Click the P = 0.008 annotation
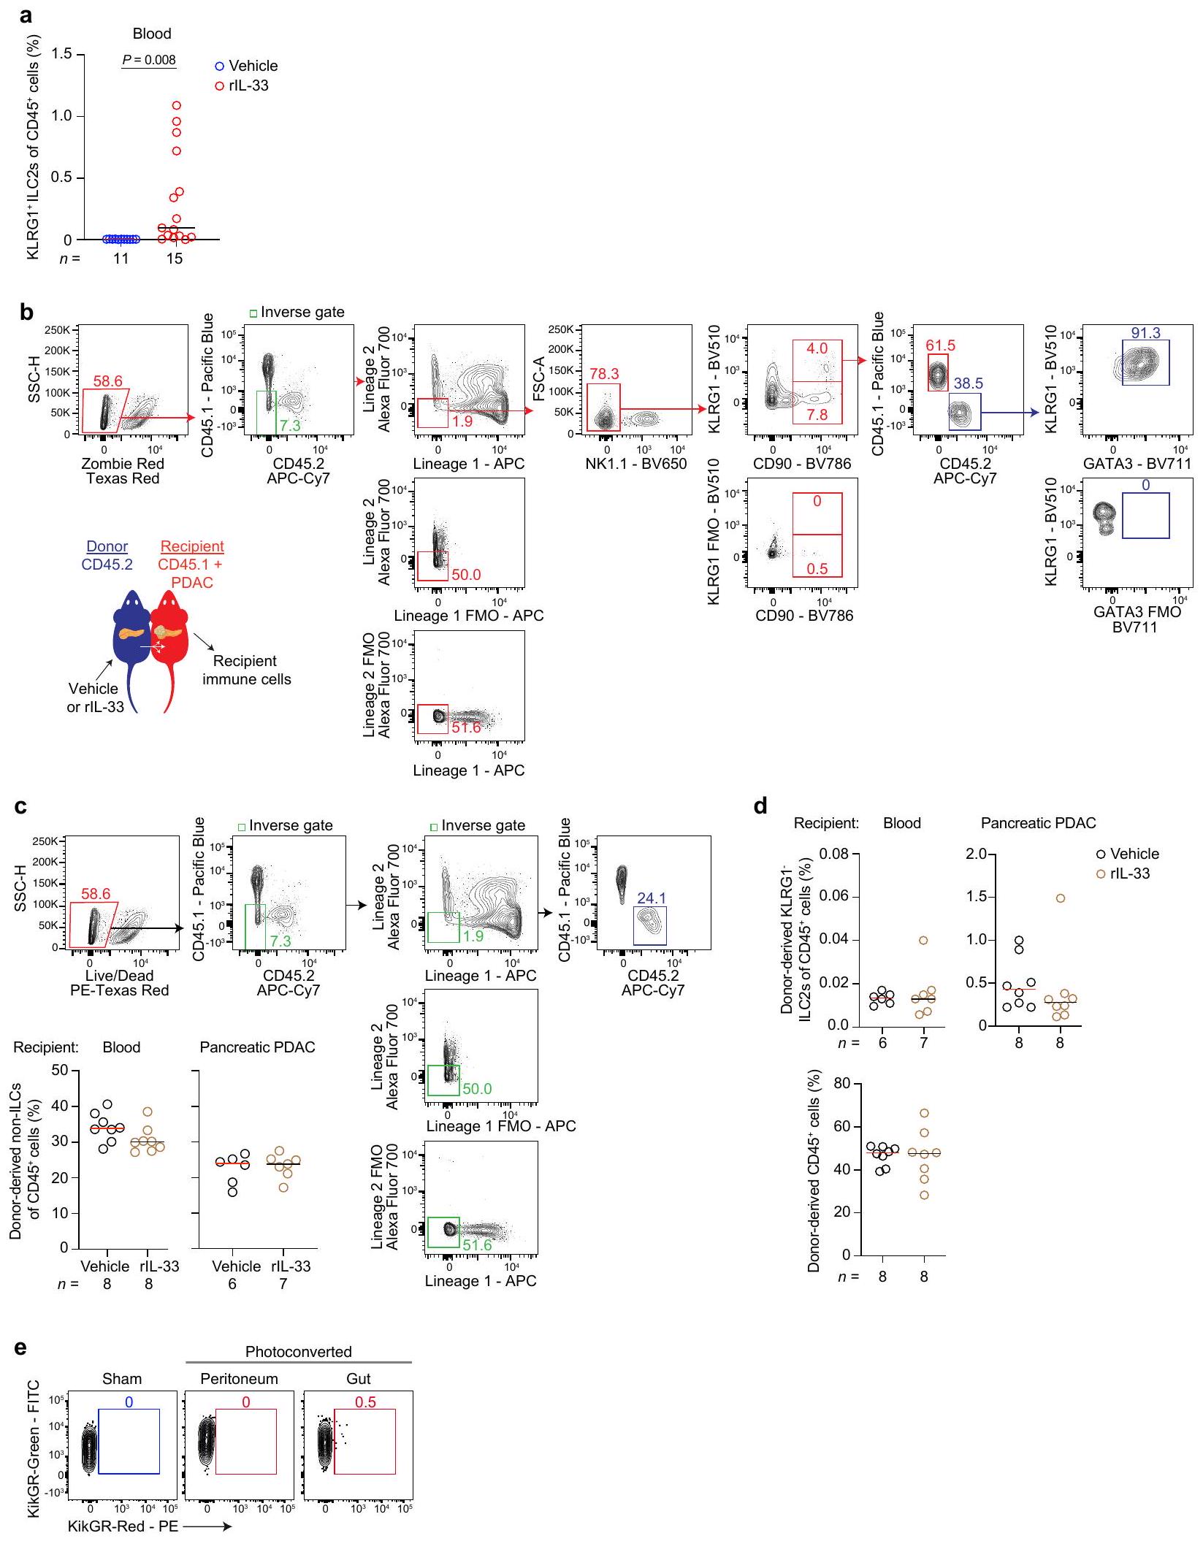(x=149, y=60)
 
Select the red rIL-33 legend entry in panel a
(x=242, y=85)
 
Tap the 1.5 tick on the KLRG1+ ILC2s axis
(x=63, y=54)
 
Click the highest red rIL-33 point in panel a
(x=176, y=105)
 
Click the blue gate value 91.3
(x=1145, y=333)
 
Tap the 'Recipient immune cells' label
(x=246, y=670)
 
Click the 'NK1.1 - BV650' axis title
(x=638, y=464)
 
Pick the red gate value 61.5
(x=940, y=345)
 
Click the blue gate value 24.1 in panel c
(x=651, y=898)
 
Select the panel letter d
(x=760, y=806)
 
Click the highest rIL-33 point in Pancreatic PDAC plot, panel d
(x=1060, y=898)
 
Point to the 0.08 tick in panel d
(x=833, y=854)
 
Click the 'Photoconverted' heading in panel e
(x=298, y=1352)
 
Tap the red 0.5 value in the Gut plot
(x=365, y=1402)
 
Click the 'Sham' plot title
(x=122, y=1379)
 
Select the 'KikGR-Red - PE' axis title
(x=123, y=1526)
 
